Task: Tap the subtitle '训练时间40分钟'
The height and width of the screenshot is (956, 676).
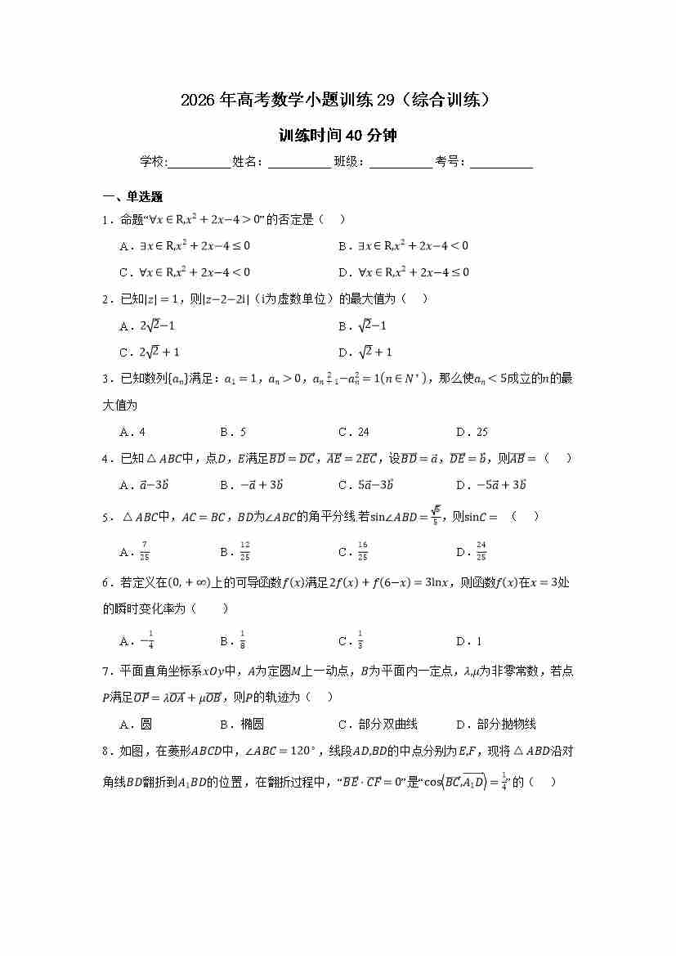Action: (338, 136)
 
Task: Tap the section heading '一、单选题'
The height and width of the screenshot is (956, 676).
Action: (132, 197)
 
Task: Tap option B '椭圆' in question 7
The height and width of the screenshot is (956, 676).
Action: (242, 724)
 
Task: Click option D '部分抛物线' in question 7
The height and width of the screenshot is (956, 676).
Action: (497, 724)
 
